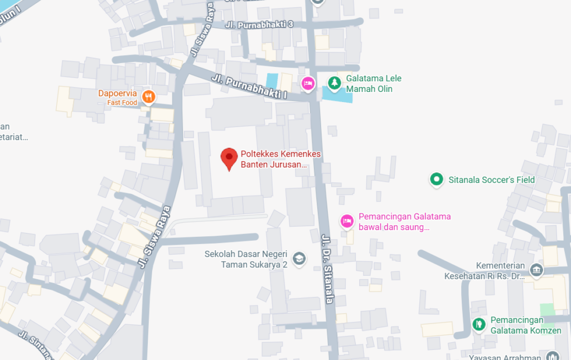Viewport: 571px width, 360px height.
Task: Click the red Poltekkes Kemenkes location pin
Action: pyautogui.click(x=229, y=158)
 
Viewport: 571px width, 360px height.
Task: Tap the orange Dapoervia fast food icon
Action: pyautogui.click(x=148, y=97)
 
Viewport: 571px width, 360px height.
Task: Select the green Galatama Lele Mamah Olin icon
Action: pyautogui.click(x=334, y=83)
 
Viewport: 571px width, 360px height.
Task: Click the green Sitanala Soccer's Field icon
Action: pyautogui.click(x=436, y=179)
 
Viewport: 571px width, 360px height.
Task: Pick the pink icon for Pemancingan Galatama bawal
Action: pyautogui.click(x=347, y=221)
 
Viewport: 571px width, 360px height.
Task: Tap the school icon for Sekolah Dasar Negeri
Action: pyautogui.click(x=299, y=259)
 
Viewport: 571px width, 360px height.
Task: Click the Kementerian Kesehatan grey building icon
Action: pyautogui.click(x=536, y=270)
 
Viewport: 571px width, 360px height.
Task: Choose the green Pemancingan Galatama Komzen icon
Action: pyautogui.click(x=478, y=324)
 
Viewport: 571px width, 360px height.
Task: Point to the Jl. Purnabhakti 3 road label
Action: pyautogui.click(x=259, y=25)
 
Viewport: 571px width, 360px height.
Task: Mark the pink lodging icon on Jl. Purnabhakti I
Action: pyautogui.click(x=307, y=84)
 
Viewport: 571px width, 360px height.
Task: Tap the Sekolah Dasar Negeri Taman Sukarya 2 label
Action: pyautogui.click(x=246, y=259)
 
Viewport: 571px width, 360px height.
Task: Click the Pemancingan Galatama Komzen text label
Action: pyautogui.click(x=525, y=325)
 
